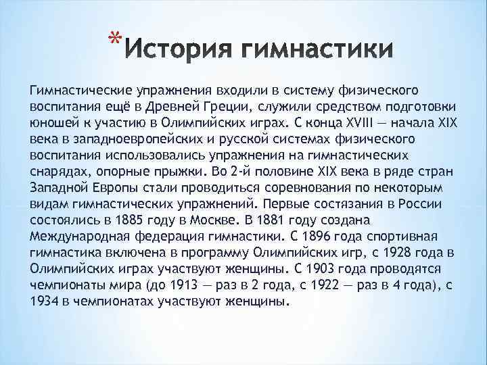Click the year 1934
(x=45, y=301)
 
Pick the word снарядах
(x=56, y=172)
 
